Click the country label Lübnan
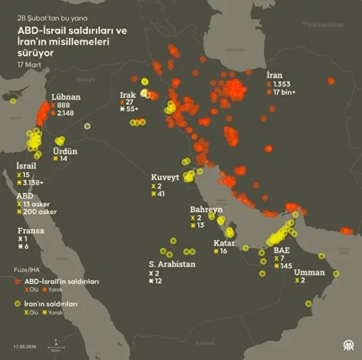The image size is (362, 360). point(66,97)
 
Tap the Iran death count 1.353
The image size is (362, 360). point(282,84)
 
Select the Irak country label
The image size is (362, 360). point(128,95)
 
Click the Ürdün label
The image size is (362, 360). point(65,151)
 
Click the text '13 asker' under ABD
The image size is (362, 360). point(36,204)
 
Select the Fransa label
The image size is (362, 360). point(30,231)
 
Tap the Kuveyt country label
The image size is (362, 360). point(164,177)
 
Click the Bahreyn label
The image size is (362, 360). point(206,209)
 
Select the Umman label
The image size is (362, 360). point(309,272)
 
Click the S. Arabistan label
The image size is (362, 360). point(172,264)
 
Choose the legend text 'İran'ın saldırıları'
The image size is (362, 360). point(51,304)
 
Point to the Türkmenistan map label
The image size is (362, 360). point(323,24)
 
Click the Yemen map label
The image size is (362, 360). point(205,343)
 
